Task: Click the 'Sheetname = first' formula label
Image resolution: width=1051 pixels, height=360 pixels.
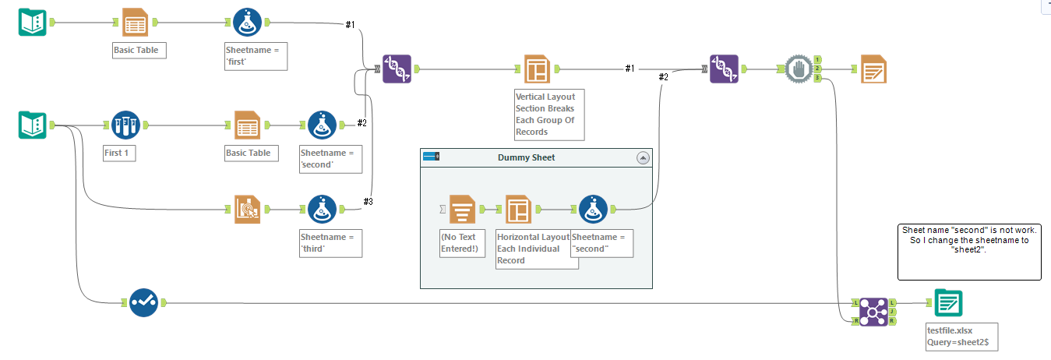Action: pyautogui.click(x=252, y=55)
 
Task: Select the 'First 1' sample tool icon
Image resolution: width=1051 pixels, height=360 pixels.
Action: pyautogui.click(x=125, y=125)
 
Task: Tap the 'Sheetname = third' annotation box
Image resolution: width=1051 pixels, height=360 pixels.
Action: pyautogui.click(x=330, y=242)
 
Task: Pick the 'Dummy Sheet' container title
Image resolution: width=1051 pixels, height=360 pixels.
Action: pyautogui.click(x=526, y=157)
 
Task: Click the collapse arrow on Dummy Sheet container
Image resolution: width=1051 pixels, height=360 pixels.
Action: pyautogui.click(x=643, y=157)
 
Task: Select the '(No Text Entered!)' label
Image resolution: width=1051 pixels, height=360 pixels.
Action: pyautogui.click(x=463, y=242)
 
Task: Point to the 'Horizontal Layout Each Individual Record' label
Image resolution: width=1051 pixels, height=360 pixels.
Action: pyautogui.click(x=536, y=249)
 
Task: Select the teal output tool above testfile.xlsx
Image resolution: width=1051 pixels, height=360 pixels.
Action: pyautogui.click(x=948, y=302)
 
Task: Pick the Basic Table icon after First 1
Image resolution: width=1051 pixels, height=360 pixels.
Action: pyautogui.click(x=246, y=125)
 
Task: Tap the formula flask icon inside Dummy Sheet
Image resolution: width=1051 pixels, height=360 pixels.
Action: pyautogui.click(x=594, y=208)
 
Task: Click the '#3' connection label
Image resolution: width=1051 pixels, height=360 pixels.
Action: pyautogui.click(x=369, y=202)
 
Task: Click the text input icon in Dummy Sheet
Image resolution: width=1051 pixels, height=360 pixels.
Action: pyautogui.click(x=462, y=208)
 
